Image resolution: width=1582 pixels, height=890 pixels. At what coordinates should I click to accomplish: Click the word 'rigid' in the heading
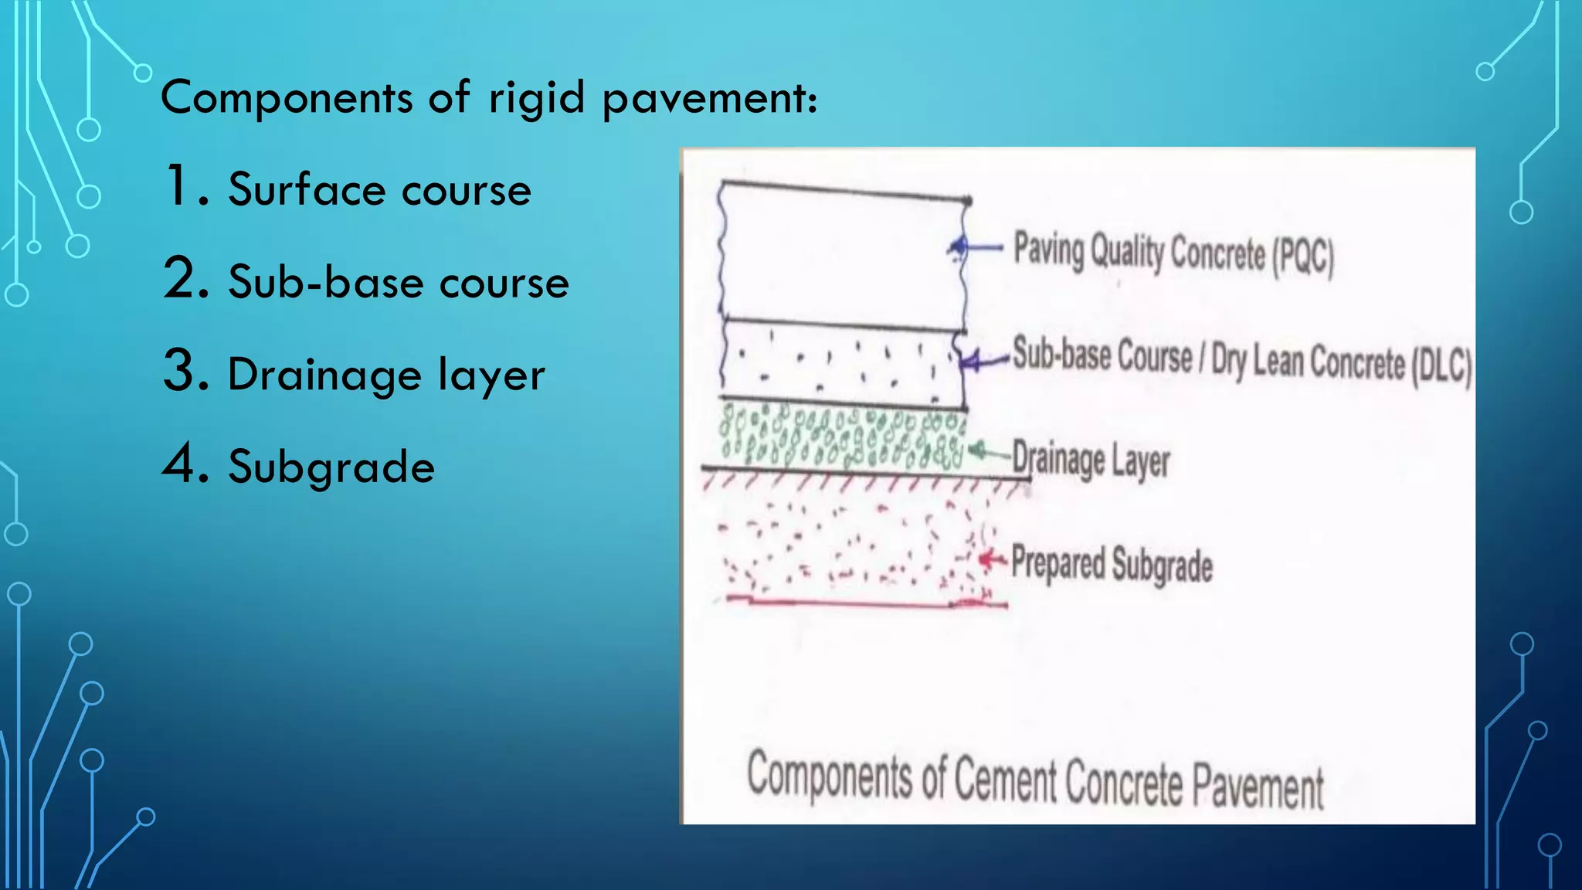click(x=536, y=99)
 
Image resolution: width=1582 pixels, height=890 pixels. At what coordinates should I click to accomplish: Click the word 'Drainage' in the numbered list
click(x=324, y=375)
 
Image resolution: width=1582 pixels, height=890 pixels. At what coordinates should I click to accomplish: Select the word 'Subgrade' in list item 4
click(x=331, y=467)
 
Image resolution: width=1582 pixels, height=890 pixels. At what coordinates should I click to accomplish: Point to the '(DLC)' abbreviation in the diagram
click(x=1441, y=365)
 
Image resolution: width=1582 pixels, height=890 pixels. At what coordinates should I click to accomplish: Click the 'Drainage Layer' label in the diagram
click(x=1091, y=459)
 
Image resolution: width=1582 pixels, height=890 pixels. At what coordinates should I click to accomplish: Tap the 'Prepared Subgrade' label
click(x=1112, y=562)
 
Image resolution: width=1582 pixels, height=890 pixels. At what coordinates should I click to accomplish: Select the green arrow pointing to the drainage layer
click(x=988, y=451)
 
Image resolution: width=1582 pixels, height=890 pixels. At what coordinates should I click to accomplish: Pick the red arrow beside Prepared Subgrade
click(x=993, y=559)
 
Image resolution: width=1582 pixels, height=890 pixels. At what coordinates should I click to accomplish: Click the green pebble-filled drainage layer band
click(x=842, y=437)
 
